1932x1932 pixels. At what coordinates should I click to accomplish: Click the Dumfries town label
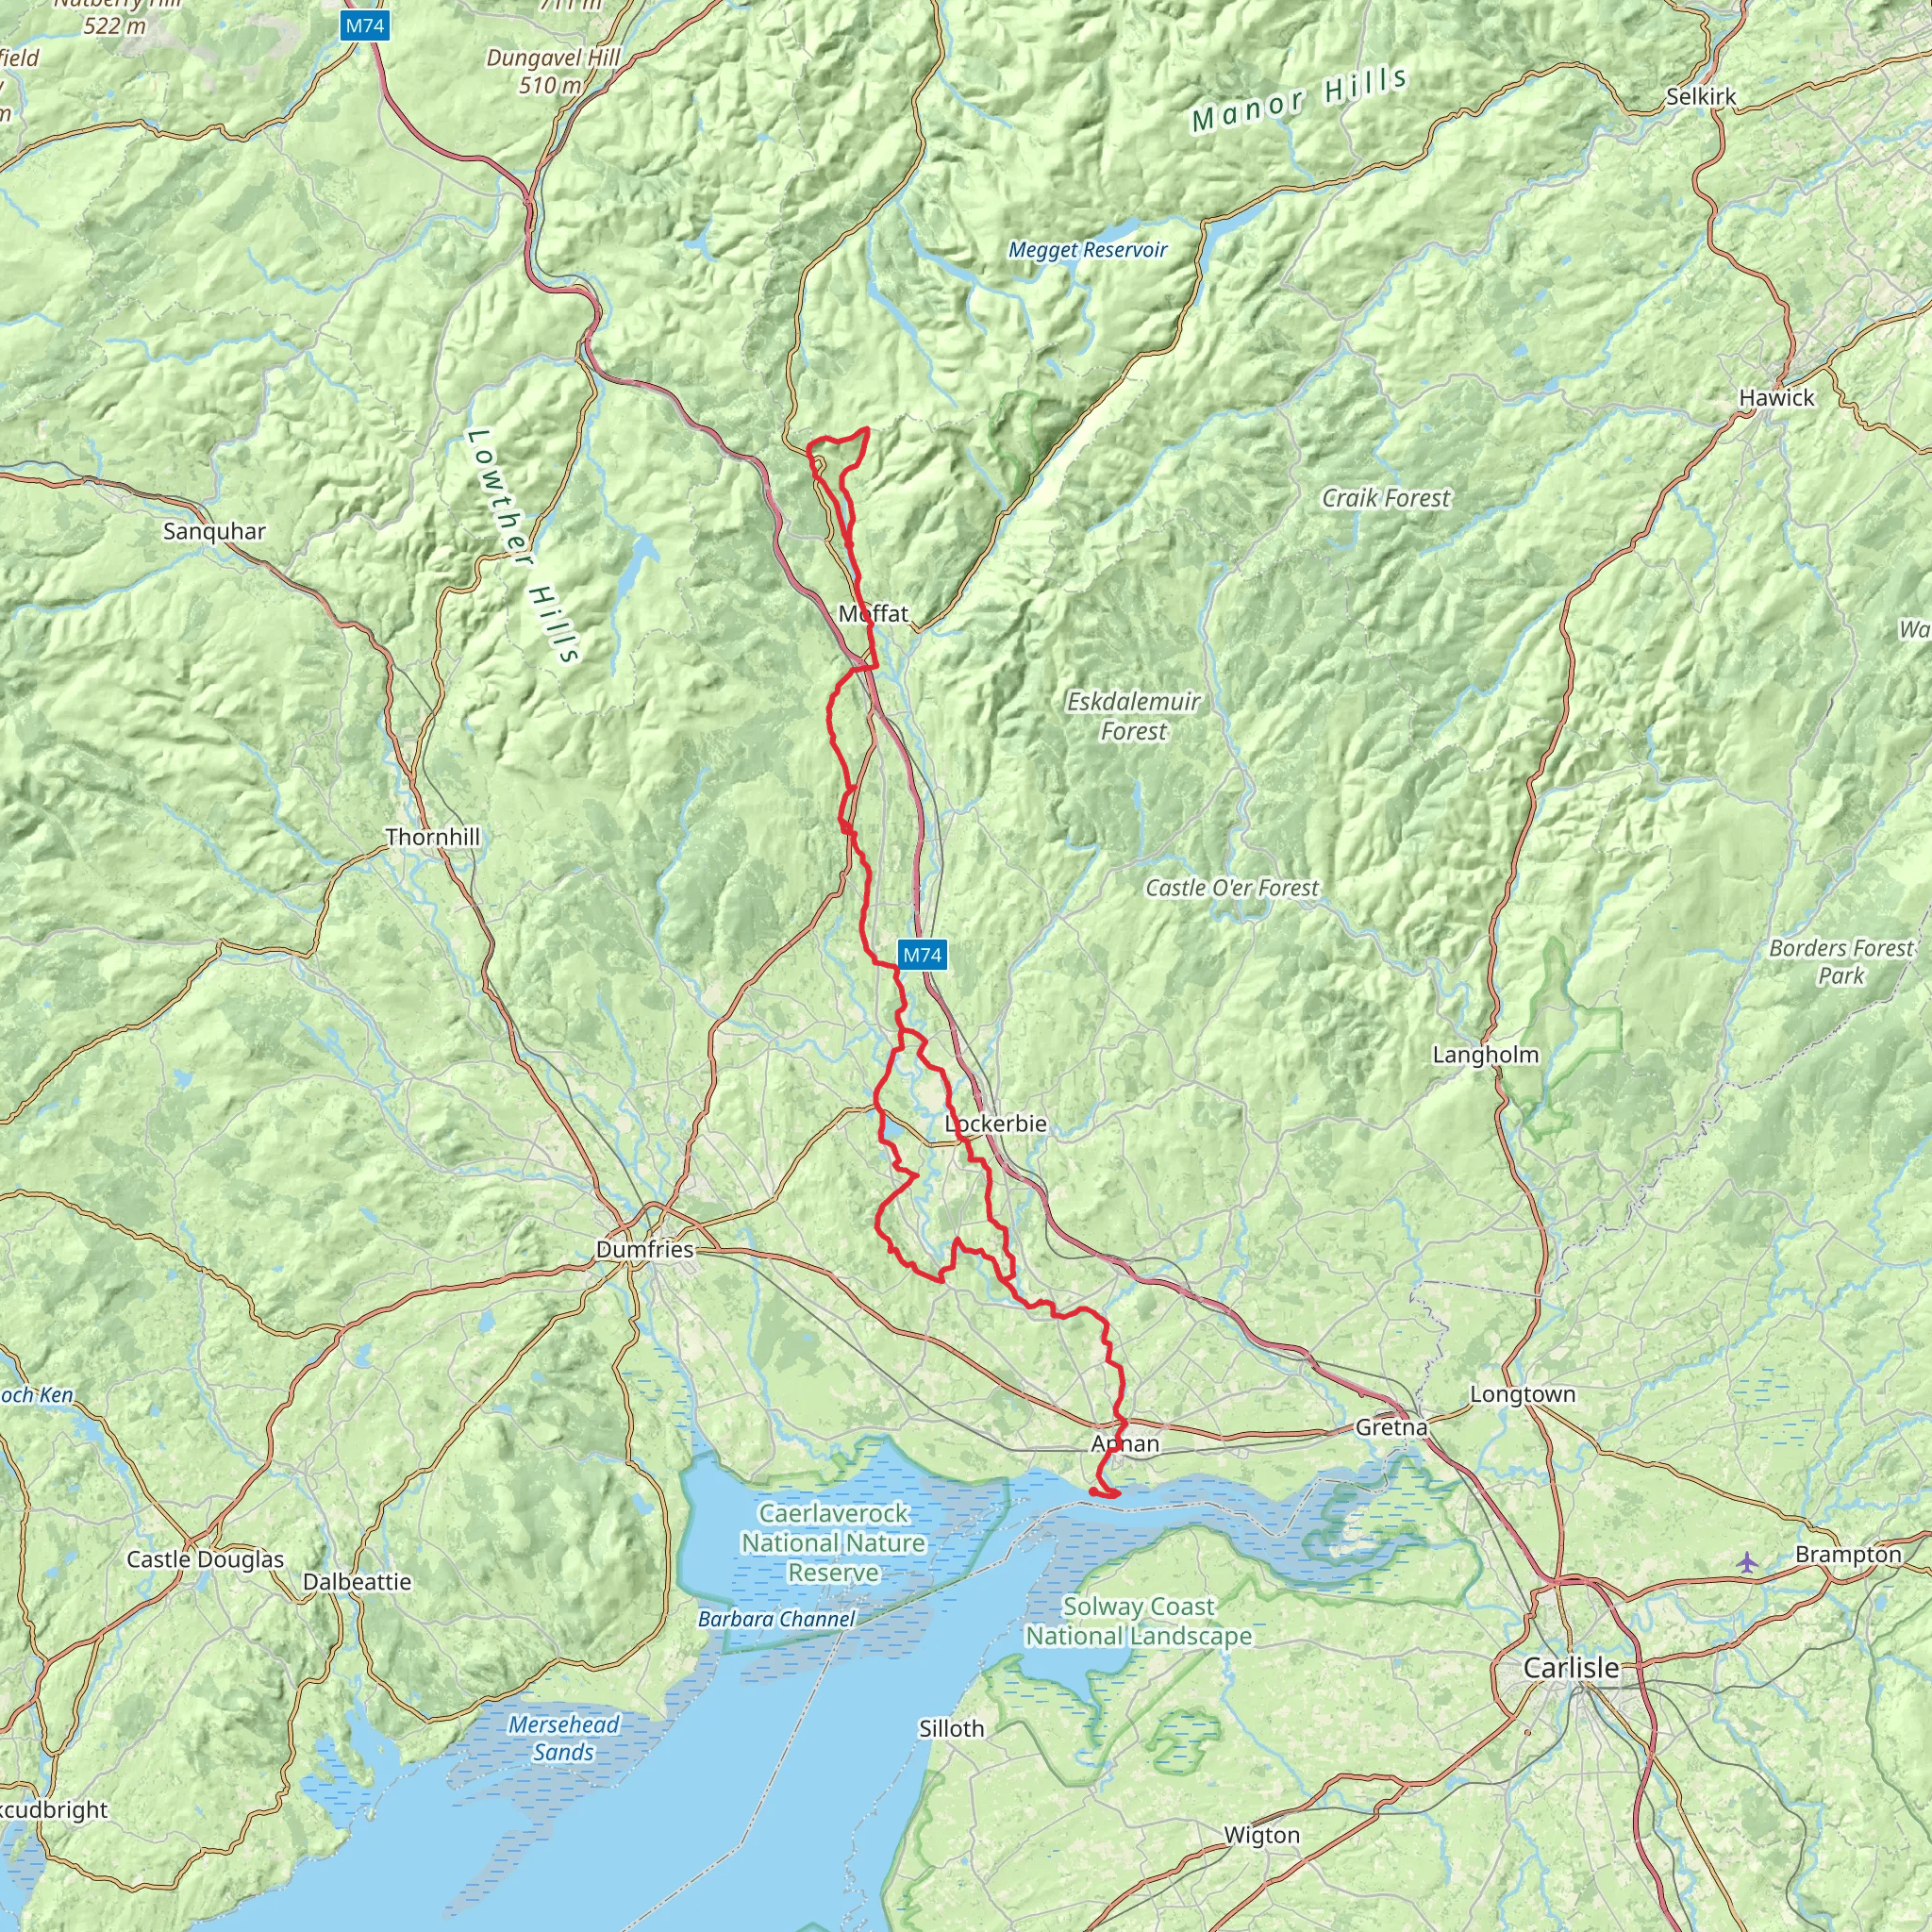tap(644, 1249)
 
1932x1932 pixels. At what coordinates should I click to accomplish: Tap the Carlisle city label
tap(1570, 1667)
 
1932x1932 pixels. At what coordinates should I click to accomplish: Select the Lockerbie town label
tap(996, 1123)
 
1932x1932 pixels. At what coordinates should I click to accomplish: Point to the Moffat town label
tap(873, 613)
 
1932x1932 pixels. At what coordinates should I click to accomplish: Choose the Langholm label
tap(1485, 1054)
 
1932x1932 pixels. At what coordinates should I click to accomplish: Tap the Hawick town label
tap(1776, 397)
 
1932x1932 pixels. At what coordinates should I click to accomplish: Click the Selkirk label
tap(1700, 97)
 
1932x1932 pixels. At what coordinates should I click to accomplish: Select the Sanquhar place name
tap(214, 531)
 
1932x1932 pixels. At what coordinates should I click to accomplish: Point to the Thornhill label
tap(432, 836)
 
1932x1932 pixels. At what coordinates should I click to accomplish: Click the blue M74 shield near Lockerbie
tap(921, 955)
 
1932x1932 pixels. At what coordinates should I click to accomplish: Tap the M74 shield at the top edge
tap(364, 26)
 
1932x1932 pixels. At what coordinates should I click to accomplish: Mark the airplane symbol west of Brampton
tap(1746, 1561)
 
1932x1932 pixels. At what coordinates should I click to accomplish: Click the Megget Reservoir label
tap(1087, 250)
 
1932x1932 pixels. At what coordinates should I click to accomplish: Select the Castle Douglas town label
tap(205, 1559)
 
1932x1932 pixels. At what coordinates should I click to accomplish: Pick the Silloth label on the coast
tap(951, 1728)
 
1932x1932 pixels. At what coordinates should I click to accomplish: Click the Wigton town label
tap(1262, 1835)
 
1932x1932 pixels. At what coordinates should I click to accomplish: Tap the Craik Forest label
tap(1385, 498)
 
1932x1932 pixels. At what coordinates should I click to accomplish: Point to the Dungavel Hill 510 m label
tap(553, 71)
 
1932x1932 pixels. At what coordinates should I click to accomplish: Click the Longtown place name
tap(1522, 1394)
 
